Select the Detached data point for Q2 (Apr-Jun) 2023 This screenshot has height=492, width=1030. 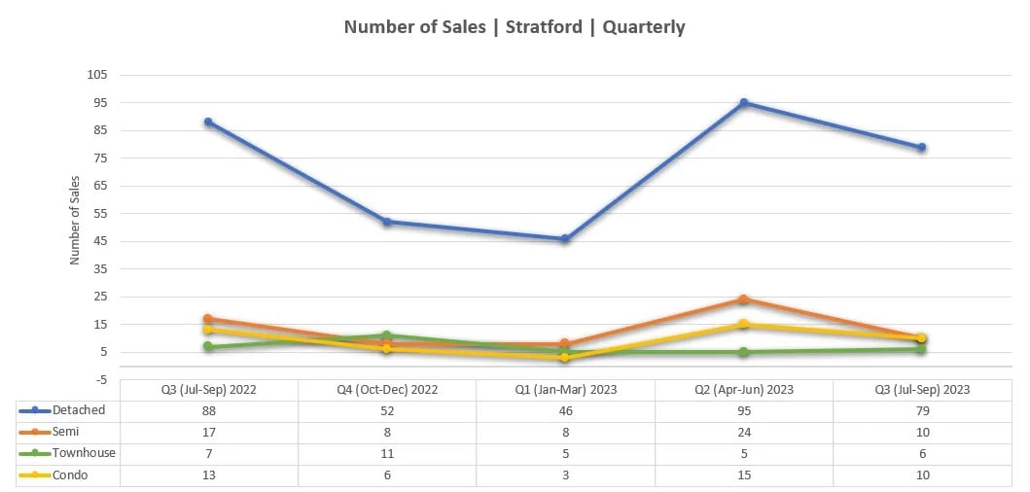743,102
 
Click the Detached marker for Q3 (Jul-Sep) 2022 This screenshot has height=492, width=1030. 208,122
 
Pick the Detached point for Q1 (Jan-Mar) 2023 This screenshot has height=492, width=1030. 565,238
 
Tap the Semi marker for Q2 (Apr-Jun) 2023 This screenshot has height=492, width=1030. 743,299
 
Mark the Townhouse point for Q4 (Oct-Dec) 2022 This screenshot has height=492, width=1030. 387,335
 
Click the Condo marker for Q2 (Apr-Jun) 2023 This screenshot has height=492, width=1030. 743,324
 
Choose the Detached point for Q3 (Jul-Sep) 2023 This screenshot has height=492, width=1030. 921,148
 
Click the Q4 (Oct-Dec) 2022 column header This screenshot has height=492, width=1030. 387,389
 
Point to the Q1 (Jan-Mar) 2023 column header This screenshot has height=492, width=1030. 565,389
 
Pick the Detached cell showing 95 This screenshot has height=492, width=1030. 743,410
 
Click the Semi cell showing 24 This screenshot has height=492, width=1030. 743,432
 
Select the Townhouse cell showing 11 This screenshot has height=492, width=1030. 387,453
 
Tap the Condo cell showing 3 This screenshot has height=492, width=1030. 565,474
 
